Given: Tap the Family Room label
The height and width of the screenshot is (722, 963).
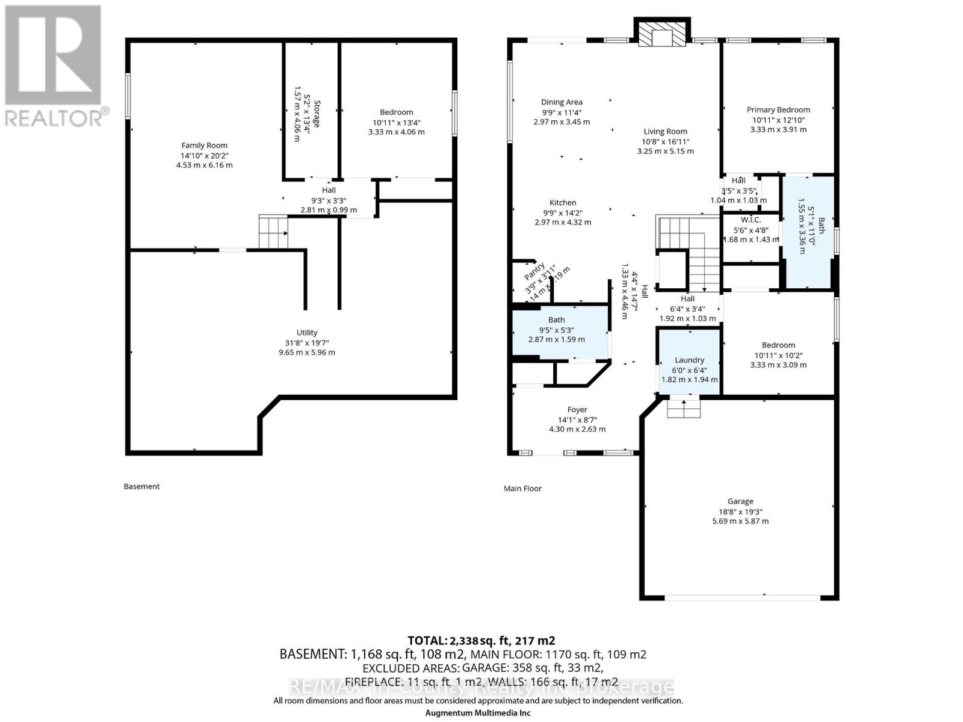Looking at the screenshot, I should pos(204,146).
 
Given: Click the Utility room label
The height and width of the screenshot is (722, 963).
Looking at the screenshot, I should pos(306,333).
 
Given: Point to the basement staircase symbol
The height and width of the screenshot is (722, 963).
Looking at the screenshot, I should pos(273,231).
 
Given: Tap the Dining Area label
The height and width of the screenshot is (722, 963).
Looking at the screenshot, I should pos(561,102).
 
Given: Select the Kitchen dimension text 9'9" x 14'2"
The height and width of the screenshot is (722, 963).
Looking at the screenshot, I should pos(562,212).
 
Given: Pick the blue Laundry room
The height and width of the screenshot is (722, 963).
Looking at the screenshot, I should pos(689,360).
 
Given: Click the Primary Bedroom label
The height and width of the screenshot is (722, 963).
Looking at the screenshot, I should pos(778,110).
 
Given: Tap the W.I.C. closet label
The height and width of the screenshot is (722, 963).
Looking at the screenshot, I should pos(751,220).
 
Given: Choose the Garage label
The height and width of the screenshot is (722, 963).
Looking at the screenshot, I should pos(740,501).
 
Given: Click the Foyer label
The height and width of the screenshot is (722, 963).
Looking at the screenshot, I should pos(577,410).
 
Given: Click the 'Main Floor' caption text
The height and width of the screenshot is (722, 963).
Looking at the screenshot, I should pos(522,489).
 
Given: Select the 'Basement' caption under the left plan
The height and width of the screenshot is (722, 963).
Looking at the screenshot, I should pos(141,486).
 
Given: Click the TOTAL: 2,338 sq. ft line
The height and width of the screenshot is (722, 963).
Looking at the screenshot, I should pos(481,640).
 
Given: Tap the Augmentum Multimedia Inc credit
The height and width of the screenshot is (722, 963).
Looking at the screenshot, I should pos(478,713).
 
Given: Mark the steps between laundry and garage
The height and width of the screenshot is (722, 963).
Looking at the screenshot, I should pos(684,407).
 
